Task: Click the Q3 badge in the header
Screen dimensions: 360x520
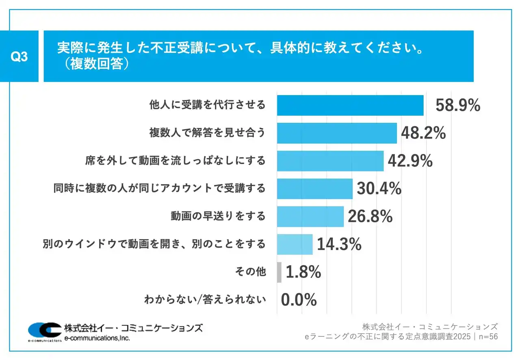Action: coord(19,56)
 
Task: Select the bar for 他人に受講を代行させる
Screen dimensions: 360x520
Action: coord(350,106)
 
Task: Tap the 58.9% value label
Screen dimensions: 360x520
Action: coord(458,106)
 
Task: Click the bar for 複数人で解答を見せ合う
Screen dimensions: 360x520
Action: coord(337,133)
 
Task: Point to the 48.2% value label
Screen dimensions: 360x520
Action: coord(423,133)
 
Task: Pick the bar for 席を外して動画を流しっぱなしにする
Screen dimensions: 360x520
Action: coord(330,161)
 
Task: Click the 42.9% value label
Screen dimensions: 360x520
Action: coord(410,161)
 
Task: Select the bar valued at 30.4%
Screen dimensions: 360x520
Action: coord(314,189)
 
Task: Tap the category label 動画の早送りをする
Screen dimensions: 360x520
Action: coord(218,216)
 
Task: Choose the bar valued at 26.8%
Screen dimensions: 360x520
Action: coord(310,216)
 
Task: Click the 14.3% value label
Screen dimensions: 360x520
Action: coord(339,244)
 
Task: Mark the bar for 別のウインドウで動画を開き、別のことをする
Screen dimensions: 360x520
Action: coord(295,244)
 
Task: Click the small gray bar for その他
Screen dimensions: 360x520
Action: coord(279,272)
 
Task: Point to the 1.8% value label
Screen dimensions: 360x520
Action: coord(303,272)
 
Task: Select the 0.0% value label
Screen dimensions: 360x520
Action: coord(299,300)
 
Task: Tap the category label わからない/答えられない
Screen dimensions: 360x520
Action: coord(205,300)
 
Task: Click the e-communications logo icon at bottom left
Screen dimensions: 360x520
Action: coord(45,331)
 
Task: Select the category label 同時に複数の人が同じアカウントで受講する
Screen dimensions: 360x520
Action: coord(159,189)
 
